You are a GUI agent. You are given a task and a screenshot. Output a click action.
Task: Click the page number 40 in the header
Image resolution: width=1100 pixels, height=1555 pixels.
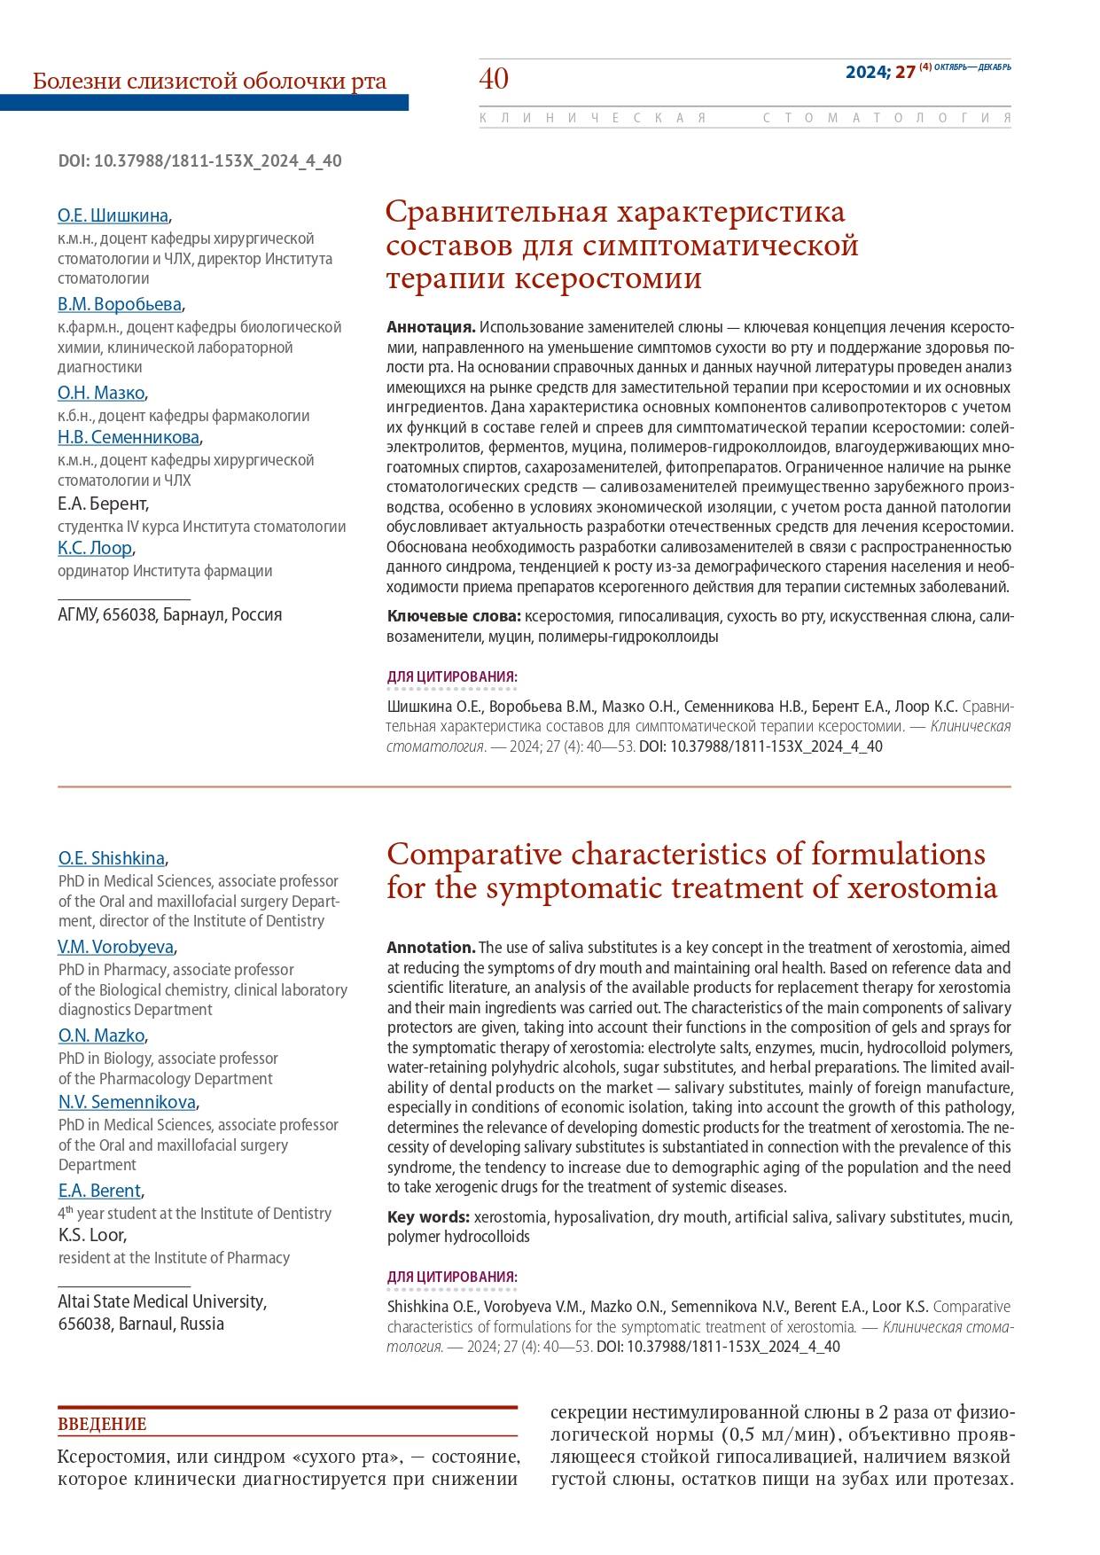point(494,79)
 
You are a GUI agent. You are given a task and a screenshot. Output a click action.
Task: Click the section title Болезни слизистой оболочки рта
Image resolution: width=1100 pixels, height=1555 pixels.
point(209,82)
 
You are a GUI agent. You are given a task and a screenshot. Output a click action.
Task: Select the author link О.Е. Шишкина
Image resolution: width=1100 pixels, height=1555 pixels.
point(113,215)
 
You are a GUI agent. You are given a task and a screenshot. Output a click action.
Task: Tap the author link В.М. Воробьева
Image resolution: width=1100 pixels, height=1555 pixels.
point(120,304)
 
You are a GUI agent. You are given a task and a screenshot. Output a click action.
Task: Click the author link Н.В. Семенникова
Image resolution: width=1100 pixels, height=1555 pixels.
point(129,437)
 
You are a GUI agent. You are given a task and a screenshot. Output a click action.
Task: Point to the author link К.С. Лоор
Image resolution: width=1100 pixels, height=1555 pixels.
point(95,548)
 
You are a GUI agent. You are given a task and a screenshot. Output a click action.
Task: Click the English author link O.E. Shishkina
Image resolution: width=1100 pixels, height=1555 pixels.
point(112,858)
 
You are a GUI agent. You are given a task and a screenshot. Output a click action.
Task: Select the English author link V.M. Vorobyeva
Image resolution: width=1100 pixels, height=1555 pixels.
point(116,947)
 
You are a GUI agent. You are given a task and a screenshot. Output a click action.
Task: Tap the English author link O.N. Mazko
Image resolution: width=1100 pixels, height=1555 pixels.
point(101,1035)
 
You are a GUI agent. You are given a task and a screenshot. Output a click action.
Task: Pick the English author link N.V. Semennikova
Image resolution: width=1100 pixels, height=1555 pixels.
point(127,1102)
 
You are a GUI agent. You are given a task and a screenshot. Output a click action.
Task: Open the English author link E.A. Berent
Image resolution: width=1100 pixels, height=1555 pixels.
point(99,1191)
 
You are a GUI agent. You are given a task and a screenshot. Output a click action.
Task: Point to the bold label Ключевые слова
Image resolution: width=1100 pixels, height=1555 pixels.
point(453,616)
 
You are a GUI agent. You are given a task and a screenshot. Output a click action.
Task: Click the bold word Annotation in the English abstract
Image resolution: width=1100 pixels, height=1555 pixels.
point(430,948)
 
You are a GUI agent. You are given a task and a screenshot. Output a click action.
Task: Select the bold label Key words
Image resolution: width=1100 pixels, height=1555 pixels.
point(427,1216)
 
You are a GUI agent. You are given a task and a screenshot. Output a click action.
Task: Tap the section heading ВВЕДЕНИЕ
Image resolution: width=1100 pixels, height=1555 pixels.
point(102,1425)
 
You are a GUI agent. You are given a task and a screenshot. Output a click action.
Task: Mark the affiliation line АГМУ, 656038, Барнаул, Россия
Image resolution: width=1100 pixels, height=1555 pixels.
point(169,614)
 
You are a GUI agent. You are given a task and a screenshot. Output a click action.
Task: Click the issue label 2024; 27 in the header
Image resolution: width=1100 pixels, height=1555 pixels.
point(879,73)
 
